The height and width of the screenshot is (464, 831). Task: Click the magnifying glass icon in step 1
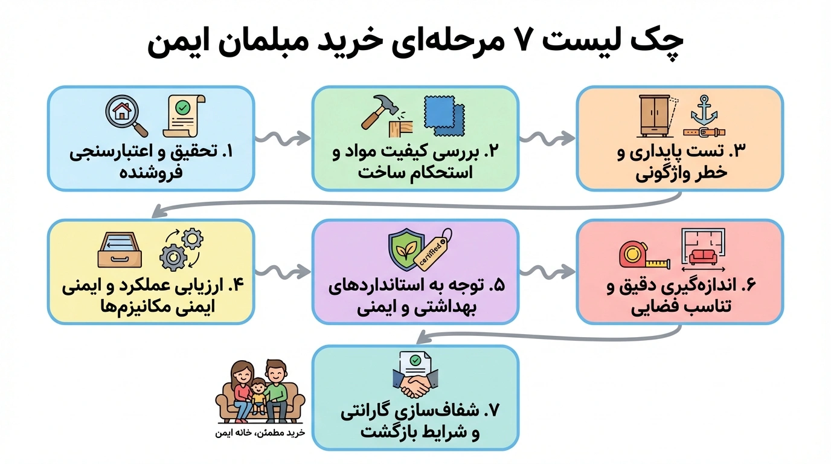coord(126,115)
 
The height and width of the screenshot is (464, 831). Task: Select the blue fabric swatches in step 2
coord(444,114)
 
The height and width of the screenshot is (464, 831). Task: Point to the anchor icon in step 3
coord(704,110)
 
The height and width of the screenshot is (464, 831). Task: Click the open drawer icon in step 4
coord(120,249)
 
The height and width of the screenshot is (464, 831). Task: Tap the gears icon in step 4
coord(181,249)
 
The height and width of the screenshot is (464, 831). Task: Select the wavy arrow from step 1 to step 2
coord(283,138)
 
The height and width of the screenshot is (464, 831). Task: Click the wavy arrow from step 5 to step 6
coord(547,271)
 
